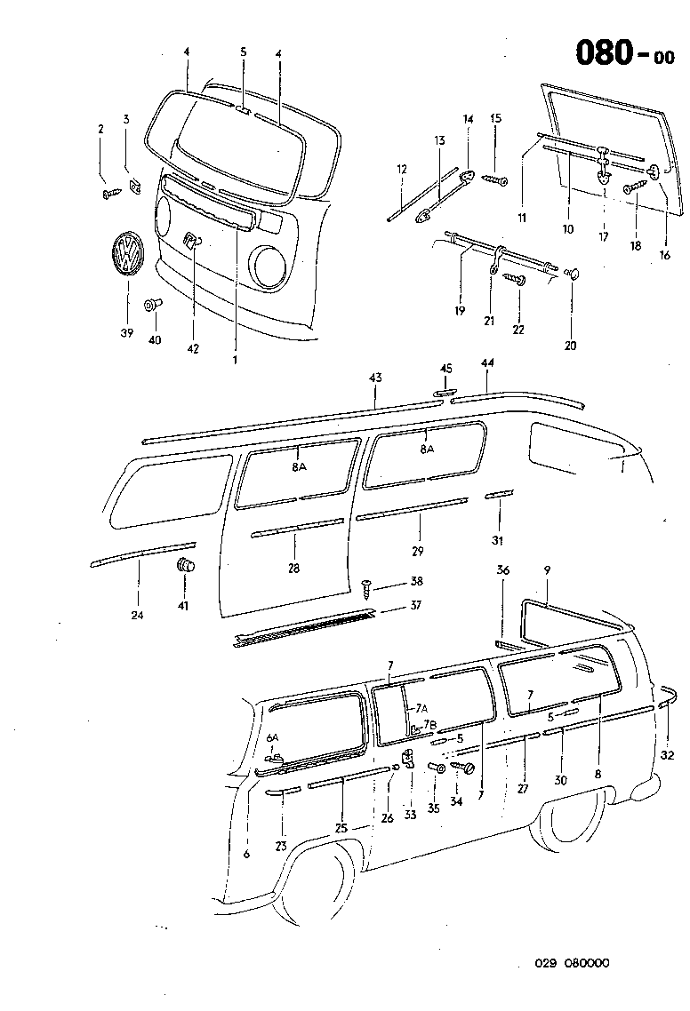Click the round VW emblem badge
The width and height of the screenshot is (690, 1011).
click(123, 256)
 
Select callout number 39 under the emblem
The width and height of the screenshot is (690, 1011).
click(127, 333)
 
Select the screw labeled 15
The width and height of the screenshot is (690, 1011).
click(494, 180)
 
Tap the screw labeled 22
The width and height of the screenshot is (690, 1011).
click(516, 281)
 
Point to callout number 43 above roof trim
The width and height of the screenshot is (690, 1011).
click(375, 378)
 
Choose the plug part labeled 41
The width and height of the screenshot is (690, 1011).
click(185, 565)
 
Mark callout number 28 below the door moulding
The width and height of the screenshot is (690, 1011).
click(294, 568)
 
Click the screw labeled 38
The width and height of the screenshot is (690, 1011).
click(366, 584)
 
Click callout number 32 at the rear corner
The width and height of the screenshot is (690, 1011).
click(669, 755)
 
